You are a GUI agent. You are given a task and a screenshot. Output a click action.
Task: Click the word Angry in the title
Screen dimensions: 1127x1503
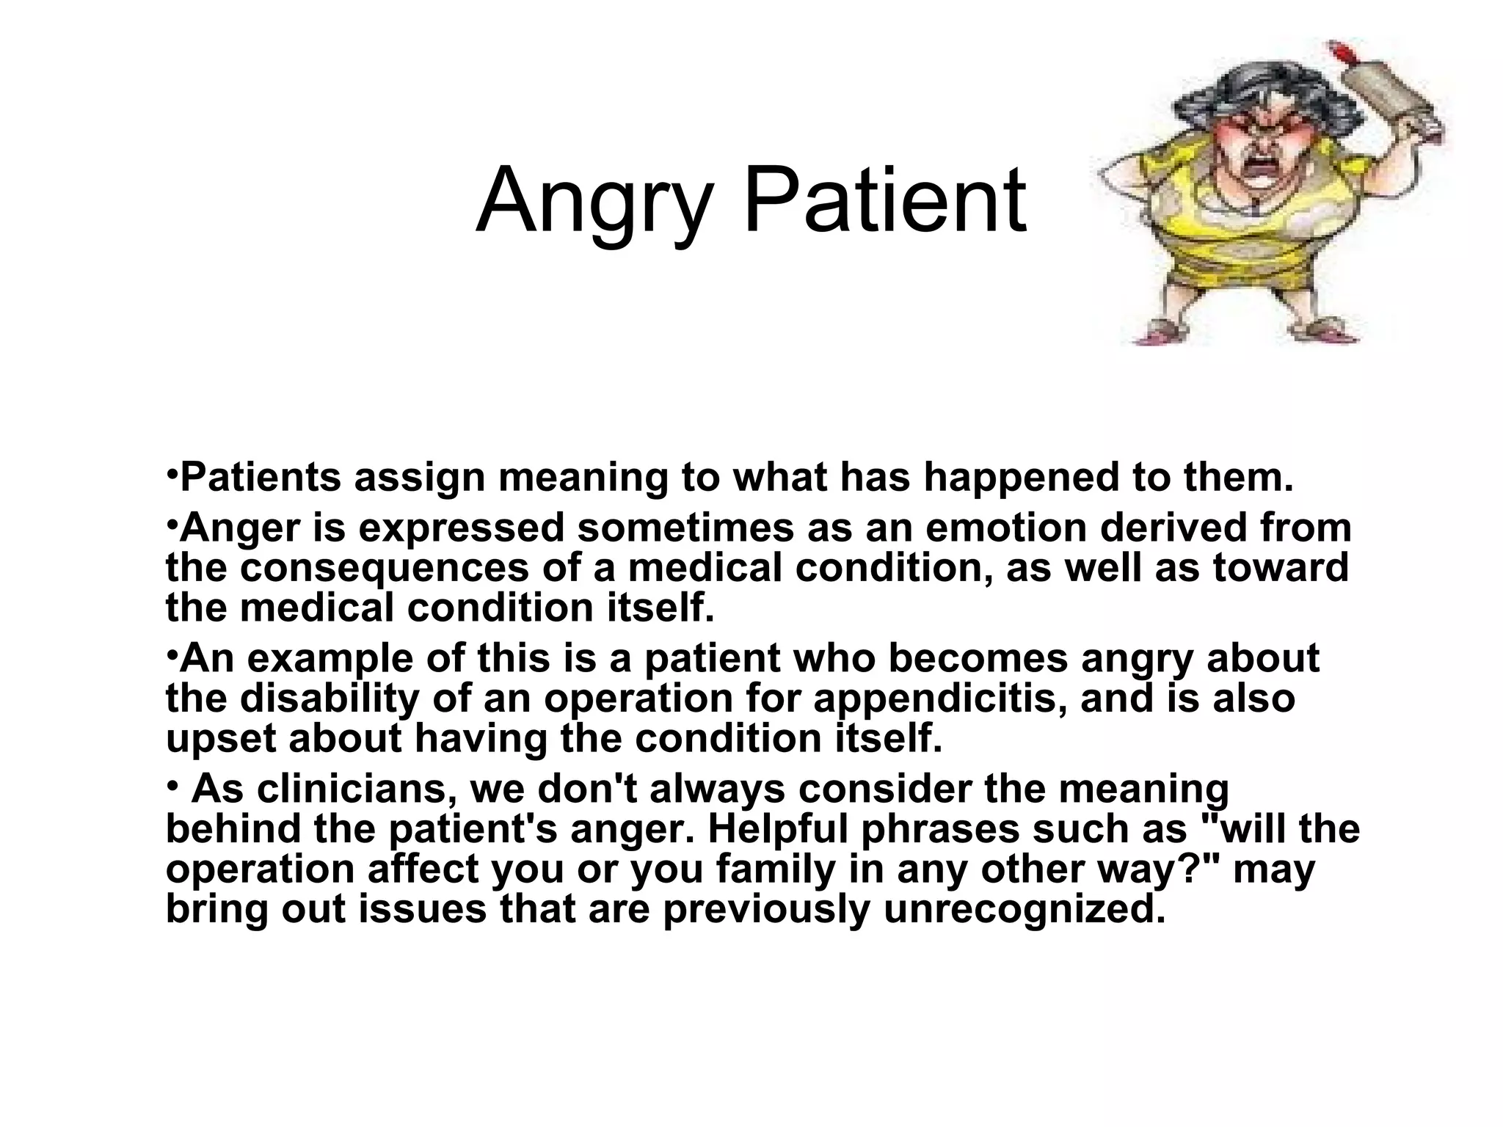(593, 203)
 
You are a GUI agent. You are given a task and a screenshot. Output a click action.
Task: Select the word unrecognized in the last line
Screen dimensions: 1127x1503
(1025, 909)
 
